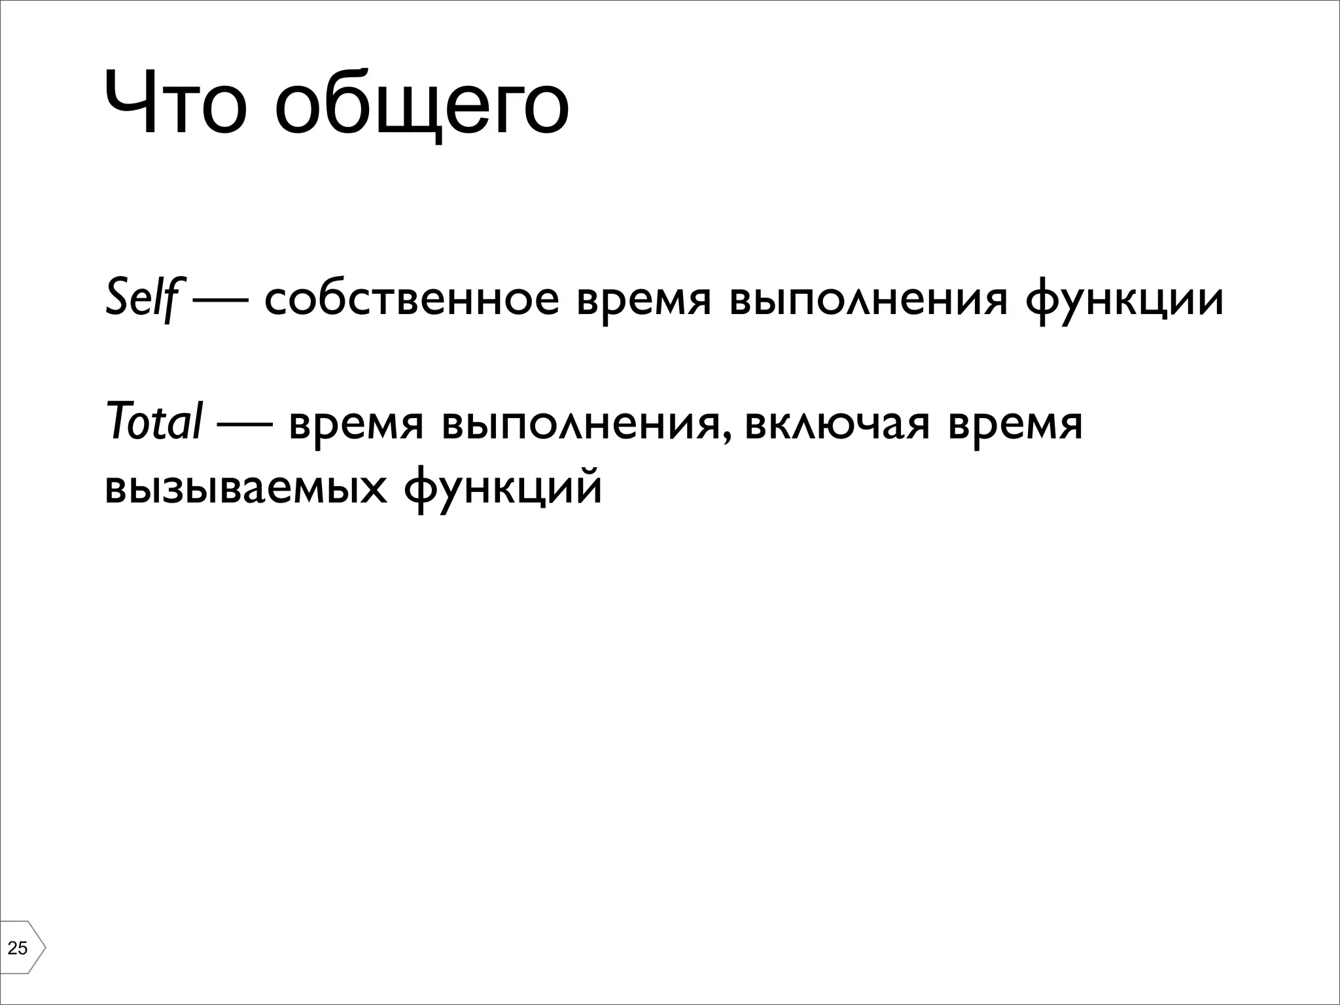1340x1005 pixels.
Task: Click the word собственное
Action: tap(412, 300)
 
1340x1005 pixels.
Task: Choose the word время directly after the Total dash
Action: tap(356, 425)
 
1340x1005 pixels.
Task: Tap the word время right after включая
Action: tap(1015, 425)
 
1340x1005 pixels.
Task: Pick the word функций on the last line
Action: tap(502, 489)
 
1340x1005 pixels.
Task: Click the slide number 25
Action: tap(18, 947)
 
